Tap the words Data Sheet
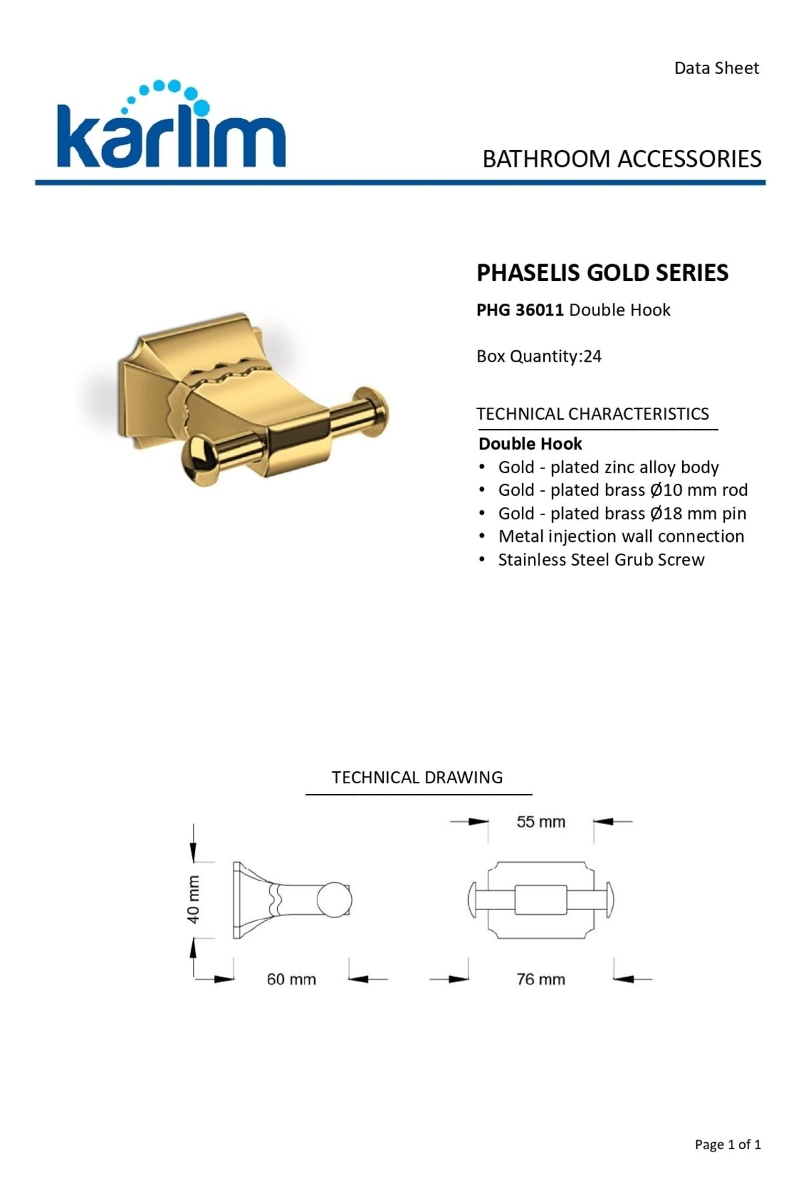(x=716, y=68)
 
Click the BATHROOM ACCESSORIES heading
(x=621, y=159)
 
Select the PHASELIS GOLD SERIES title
(x=602, y=273)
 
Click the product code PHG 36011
(x=520, y=310)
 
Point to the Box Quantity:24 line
(x=539, y=356)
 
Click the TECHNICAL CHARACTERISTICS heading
(x=593, y=414)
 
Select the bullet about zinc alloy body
(x=608, y=467)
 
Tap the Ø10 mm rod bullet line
(x=622, y=490)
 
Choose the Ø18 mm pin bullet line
(x=621, y=514)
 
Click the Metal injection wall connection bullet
(x=621, y=536)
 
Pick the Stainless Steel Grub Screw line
(x=601, y=560)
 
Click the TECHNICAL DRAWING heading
(x=417, y=777)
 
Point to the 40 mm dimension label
(x=194, y=899)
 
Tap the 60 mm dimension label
(x=291, y=979)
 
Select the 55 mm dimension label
(x=541, y=822)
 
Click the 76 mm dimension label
(x=541, y=979)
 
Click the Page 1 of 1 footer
(x=728, y=1145)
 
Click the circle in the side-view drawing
(x=333, y=901)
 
